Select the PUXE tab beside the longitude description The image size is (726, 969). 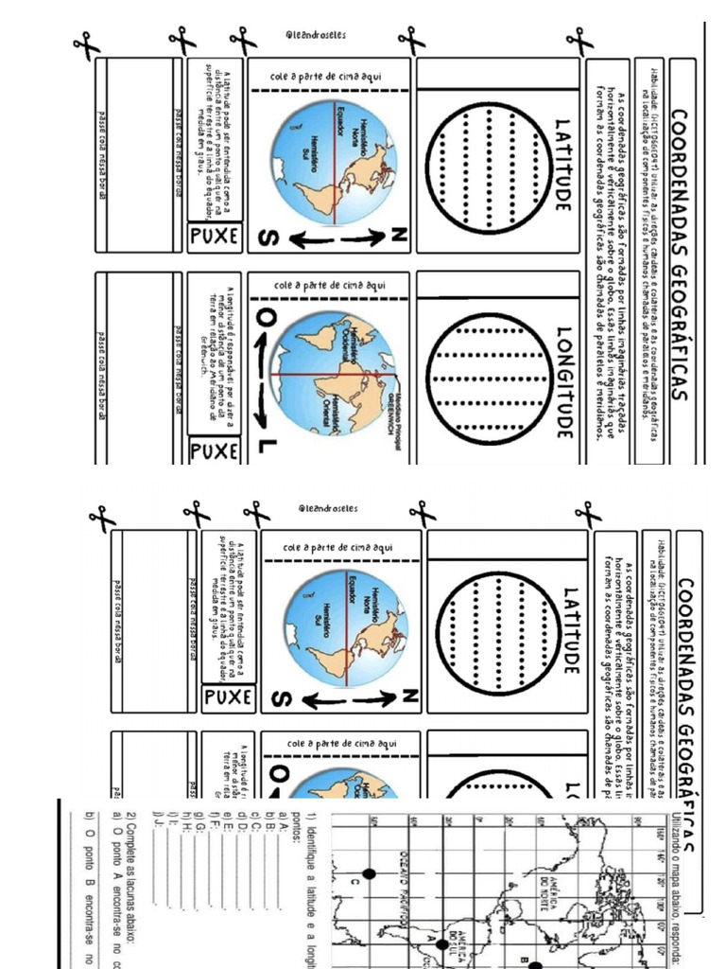[216, 450]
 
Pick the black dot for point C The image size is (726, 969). [370, 873]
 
